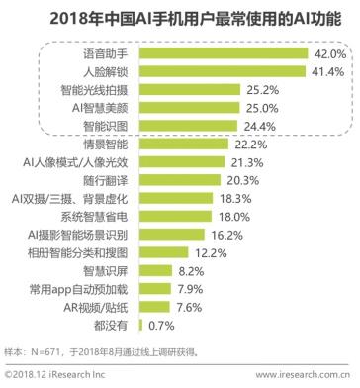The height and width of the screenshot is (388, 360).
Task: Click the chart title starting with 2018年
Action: coord(180,17)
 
